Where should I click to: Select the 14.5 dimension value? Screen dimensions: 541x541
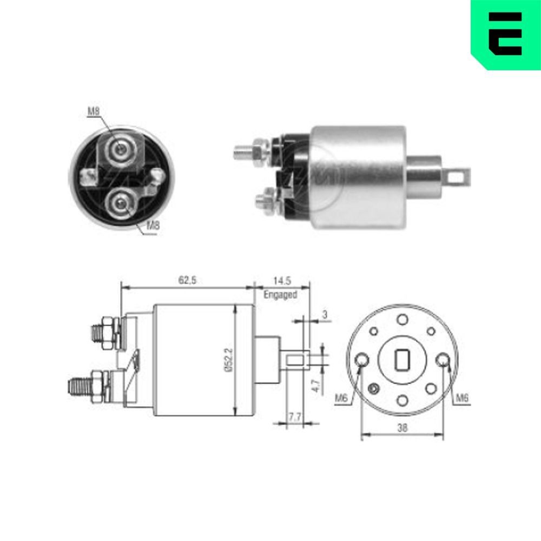(x=281, y=280)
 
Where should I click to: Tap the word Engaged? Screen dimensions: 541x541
(x=280, y=295)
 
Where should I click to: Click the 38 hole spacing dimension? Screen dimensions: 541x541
(x=402, y=427)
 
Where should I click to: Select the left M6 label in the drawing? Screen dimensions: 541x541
(x=340, y=399)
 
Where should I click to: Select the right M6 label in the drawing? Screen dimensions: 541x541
(x=461, y=399)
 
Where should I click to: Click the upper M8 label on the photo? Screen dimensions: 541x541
(x=93, y=112)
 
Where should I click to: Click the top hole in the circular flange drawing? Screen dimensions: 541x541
(x=402, y=320)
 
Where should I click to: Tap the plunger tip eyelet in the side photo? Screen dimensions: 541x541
(x=460, y=175)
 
